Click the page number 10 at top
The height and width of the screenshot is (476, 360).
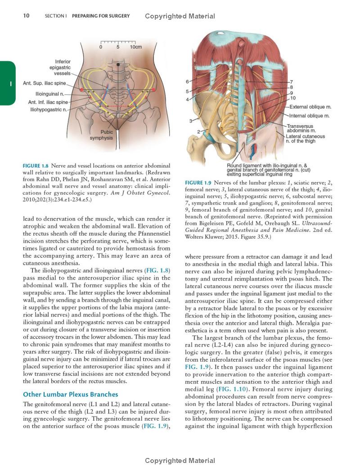tap(26, 16)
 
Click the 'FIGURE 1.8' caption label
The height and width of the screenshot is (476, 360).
tap(36, 166)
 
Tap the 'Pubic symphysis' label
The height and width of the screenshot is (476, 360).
tap(101, 135)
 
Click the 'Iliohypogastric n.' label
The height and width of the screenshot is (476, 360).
tap(49, 109)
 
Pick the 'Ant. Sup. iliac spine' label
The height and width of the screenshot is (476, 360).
tap(45, 83)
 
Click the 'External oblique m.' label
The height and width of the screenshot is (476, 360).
tap(310, 107)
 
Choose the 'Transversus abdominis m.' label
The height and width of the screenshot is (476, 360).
tap(301, 128)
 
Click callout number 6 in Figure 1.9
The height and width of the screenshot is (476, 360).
tap(187, 82)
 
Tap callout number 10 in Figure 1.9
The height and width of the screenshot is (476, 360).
tap(293, 98)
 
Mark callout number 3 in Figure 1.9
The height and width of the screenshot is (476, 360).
tap(190, 121)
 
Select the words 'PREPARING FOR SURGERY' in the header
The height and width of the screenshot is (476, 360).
tap(100, 16)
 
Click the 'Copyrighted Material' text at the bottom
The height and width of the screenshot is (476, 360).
tap(180, 461)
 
